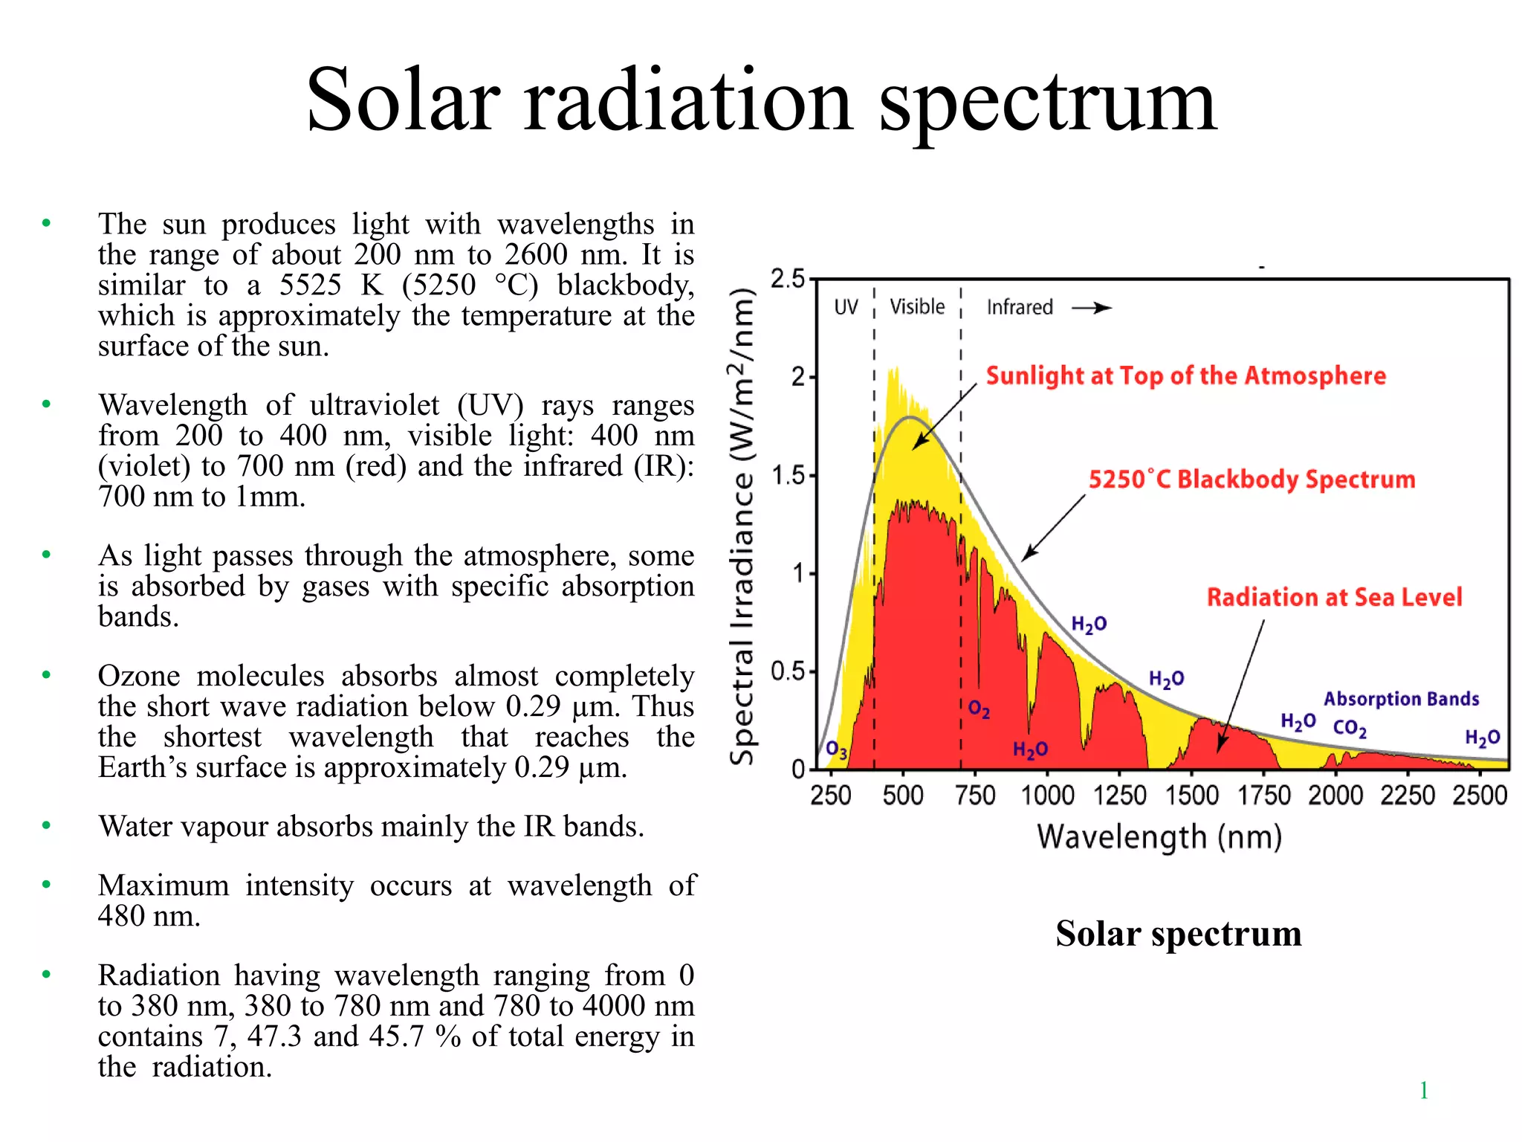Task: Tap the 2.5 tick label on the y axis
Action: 788,280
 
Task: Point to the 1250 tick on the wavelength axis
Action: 1119,796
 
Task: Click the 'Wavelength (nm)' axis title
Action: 1159,837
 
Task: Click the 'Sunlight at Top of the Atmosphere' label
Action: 1185,375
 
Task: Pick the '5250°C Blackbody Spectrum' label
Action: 1251,480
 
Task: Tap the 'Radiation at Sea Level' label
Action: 1334,597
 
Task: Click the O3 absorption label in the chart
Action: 836,749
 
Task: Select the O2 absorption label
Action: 979,709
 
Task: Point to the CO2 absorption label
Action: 1349,728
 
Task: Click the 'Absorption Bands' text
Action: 1401,699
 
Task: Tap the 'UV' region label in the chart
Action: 846,307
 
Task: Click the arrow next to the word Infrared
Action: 1091,308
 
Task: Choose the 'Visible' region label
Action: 917,306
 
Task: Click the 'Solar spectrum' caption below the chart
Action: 1179,934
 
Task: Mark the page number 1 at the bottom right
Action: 1423,1091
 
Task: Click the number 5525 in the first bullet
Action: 310,285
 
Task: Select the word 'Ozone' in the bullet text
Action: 139,676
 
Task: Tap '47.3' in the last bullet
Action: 274,1036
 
